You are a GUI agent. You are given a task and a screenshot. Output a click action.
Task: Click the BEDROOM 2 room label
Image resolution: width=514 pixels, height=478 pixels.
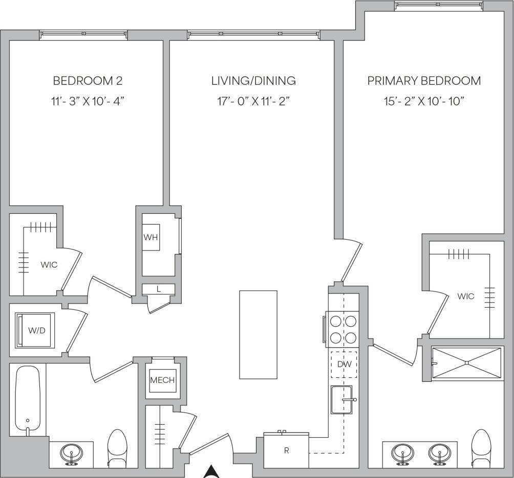coord(88,81)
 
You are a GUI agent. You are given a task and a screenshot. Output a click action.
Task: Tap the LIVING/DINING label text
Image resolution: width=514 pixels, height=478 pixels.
coord(253,81)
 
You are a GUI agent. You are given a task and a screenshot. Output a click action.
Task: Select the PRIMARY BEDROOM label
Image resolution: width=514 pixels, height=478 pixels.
coord(424,81)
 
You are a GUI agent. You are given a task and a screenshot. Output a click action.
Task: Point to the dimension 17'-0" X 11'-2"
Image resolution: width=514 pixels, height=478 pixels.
coord(253,101)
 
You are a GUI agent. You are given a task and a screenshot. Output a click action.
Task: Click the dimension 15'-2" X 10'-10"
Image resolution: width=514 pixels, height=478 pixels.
coord(424,101)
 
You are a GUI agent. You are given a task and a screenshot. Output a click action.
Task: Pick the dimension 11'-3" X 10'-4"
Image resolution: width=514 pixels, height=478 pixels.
coord(88,101)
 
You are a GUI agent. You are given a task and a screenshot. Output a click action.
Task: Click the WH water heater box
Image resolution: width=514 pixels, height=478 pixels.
coord(151,238)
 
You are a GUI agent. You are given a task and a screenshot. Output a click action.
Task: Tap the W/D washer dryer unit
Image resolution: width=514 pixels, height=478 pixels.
coord(36,330)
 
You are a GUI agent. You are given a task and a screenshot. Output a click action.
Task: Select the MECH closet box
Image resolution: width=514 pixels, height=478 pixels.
coord(162,380)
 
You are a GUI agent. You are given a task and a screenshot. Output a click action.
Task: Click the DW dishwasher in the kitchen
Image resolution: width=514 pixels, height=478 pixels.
coord(343,364)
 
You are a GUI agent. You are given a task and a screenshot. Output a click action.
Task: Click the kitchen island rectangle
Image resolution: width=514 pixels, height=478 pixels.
coord(259,334)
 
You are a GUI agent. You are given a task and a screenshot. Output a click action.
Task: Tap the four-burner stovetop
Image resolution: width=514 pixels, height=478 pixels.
coord(343,329)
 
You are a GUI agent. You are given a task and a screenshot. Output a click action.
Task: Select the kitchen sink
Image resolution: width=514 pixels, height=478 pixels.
coord(342,400)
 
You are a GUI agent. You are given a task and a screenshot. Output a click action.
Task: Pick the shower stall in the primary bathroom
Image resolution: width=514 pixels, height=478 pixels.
coord(466,363)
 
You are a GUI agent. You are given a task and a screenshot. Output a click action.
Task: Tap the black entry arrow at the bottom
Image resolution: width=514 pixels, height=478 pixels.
coord(211,472)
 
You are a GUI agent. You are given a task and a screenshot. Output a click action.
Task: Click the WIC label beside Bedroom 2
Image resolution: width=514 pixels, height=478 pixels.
coord(49,265)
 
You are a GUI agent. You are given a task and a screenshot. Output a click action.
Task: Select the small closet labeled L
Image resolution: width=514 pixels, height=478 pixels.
coord(159,289)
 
